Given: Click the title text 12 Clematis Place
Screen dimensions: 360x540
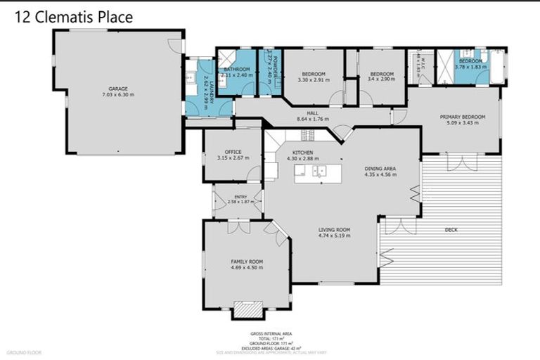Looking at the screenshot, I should pyautogui.click(x=72, y=17).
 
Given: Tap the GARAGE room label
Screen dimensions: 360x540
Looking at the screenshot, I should pyautogui.click(x=118, y=89).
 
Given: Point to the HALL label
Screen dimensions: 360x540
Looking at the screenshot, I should pyautogui.click(x=313, y=113).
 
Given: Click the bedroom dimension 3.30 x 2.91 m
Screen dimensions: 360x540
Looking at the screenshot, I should pyautogui.click(x=314, y=80).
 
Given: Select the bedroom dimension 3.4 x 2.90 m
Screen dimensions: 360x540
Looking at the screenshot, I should pyautogui.click(x=381, y=80).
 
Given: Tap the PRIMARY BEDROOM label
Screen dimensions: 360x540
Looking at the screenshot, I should pyautogui.click(x=459, y=117).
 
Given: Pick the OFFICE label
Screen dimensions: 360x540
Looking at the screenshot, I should pyautogui.click(x=233, y=152).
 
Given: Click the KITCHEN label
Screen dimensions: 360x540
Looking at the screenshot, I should pyautogui.click(x=303, y=153).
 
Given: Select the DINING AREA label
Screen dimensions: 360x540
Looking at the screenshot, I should pyautogui.click(x=380, y=169).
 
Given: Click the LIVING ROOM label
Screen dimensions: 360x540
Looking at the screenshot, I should pyautogui.click(x=334, y=230).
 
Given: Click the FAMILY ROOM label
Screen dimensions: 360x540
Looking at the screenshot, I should pyautogui.click(x=247, y=261).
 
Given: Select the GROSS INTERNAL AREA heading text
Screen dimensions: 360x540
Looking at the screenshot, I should pyautogui.click(x=271, y=333).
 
